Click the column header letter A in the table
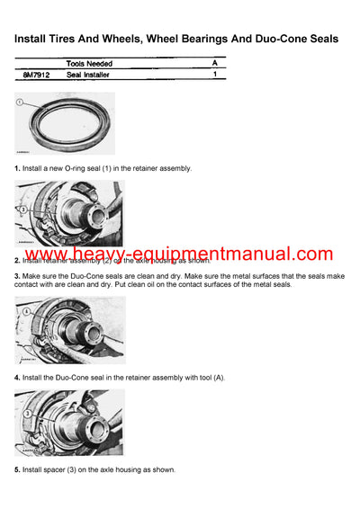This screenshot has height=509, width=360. [214, 64]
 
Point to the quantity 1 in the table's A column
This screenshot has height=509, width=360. [214, 76]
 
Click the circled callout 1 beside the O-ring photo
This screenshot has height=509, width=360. [21, 104]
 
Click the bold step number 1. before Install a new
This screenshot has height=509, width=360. [17, 168]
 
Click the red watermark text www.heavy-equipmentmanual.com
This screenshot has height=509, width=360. [179, 254]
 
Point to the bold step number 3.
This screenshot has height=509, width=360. [17, 274]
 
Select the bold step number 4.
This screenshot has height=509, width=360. [17, 377]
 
